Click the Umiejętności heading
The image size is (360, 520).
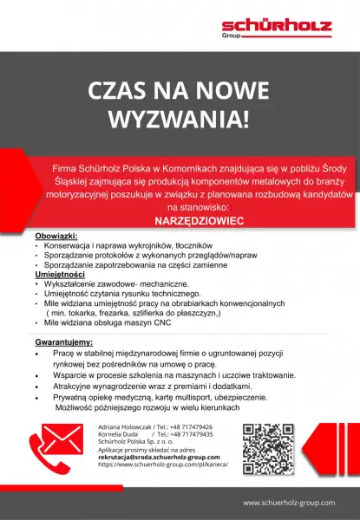(x=62, y=274)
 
